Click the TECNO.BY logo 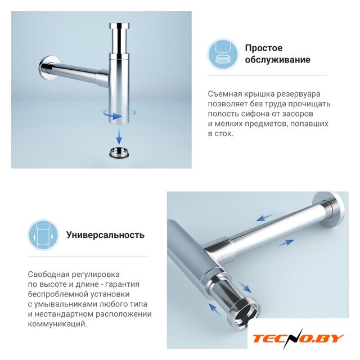click(x=298, y=338)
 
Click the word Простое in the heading click(x=264, y=48)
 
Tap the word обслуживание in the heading click(x=277, y=60)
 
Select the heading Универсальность click(x=105, y=235)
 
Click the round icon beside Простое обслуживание click(x=223, y=54)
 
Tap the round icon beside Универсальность click(x=43, y=235)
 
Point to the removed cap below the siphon click(x=119, y=152)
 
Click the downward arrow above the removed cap click(x=119, y=136)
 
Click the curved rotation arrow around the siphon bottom click(x=119, y=115)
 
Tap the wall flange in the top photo click(x=49, y=69)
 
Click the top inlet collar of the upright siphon click(x=119, y=26)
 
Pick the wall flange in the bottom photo click(x=331, y=209)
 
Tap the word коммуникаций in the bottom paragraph click(x=57, y=324)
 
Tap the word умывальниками click(x=66, y=304)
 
